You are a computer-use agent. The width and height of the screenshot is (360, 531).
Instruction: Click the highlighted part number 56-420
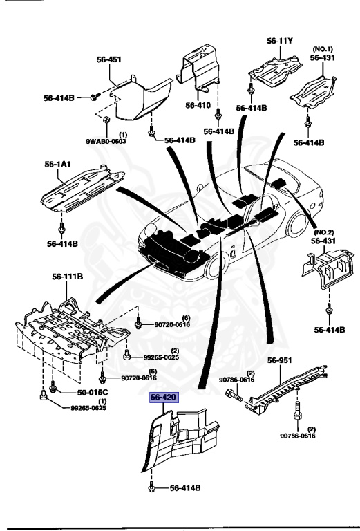click(x=164, y=398)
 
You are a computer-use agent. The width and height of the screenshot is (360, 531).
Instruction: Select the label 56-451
click(x=108, y=59)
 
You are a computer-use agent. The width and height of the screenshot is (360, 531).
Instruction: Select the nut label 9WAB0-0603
click(x=104, y=141)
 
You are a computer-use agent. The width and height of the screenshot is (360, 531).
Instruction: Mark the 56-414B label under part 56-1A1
click(x=61, y=243)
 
